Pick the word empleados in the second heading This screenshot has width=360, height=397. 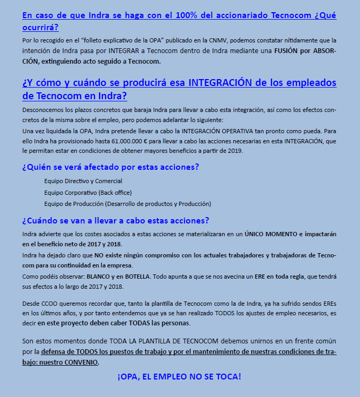tap(312, 83)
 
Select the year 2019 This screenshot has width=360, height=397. tap(233, 151)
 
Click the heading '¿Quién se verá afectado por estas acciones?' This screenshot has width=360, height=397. tap(110, 167)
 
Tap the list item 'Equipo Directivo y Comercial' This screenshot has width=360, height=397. tap(83, 181)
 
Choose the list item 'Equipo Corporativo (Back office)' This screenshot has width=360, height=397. tap(88, 192)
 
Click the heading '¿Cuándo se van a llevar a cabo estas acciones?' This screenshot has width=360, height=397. tap(116, 220)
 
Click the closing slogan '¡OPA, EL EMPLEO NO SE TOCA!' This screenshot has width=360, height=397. tap(179, 377)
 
